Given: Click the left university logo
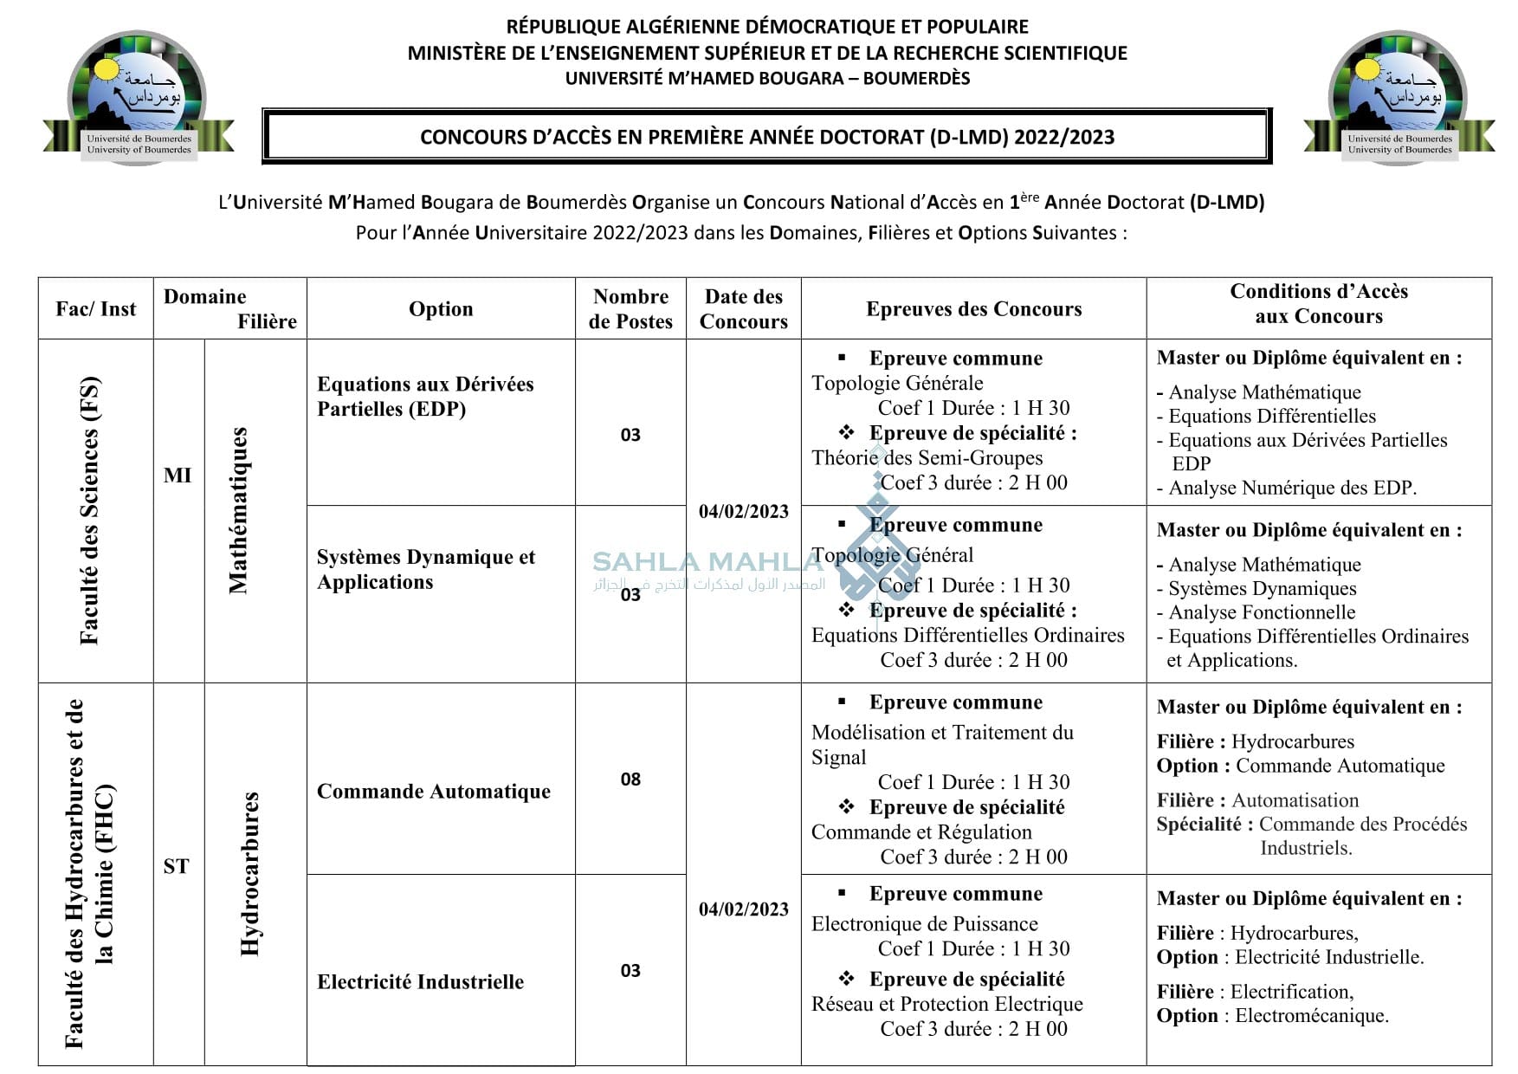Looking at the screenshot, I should click(138, 98).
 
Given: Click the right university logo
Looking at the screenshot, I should click(1398, 98).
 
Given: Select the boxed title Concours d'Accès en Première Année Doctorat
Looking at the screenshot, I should click(766, 137).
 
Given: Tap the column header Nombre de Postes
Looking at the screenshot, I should click(630, 309).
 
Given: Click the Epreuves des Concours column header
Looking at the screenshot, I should click(973, 309).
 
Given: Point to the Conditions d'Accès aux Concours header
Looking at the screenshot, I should click(1318, 304).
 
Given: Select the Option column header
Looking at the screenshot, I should click(441, 309).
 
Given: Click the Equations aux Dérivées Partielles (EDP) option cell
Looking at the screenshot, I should click(425, 397).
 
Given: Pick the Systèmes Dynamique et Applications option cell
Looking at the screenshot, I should click(425, 569).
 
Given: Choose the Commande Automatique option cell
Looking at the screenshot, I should click(433, 792).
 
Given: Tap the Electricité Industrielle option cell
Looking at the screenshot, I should click(420, 982).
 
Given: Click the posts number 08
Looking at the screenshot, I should click(630, 780).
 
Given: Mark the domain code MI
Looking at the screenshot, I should click(178, 476).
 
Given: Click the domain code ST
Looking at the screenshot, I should click(176, 866).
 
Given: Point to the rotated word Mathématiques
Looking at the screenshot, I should click(238, 510).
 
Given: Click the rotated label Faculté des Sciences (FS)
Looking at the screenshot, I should click(90, 510).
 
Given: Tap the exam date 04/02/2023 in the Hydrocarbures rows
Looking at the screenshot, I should click(743, 909).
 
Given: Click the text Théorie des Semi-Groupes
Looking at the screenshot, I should click(927, 458).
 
